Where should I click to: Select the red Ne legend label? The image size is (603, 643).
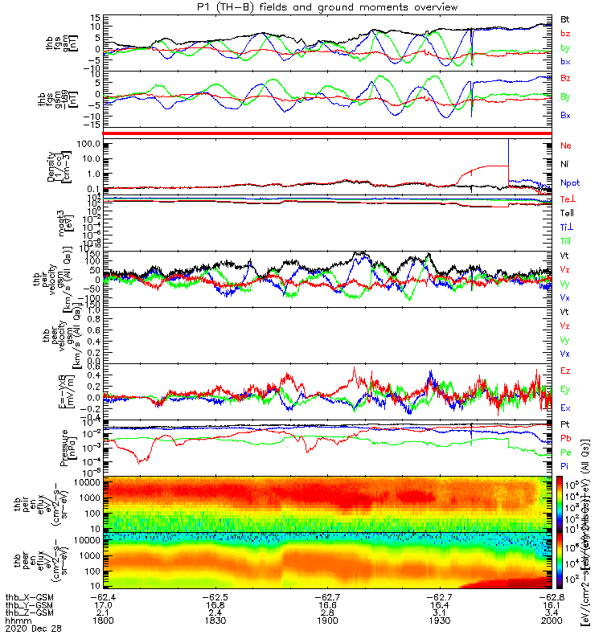564,145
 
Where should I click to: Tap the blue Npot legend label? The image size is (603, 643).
569,182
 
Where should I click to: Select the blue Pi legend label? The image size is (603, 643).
564,465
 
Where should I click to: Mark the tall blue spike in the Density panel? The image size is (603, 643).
509,153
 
